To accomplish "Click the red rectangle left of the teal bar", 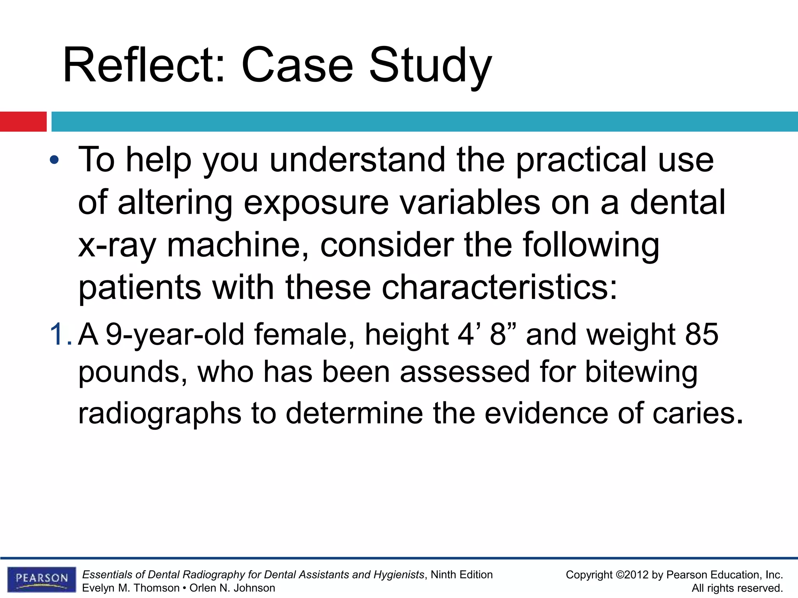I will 23,121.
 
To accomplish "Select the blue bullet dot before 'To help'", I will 55,160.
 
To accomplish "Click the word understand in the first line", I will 357,160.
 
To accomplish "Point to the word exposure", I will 316,202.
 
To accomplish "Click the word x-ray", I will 117,245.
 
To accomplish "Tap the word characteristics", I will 499,287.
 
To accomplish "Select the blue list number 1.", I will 60,334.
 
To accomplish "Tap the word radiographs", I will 160,413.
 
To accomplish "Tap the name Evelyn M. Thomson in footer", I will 131,588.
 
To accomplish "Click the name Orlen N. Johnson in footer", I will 232,588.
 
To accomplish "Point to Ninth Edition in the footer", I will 461,575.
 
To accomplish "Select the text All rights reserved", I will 737,588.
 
